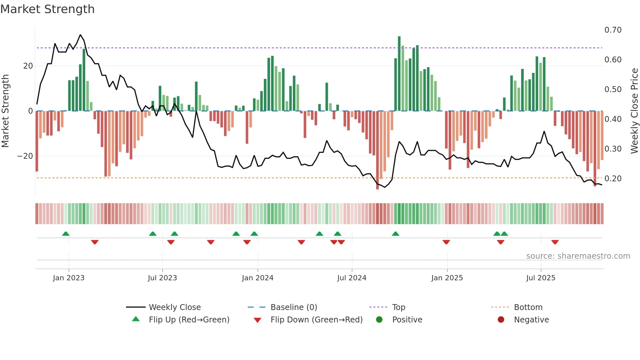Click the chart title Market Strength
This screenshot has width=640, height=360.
[x=47, y=9]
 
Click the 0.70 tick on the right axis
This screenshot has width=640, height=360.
[x=613, y=30]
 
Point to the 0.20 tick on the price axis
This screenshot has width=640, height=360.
[x=613, y=179]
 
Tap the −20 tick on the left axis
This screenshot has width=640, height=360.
[x=25, y=156]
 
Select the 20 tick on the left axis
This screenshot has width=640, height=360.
[x=28, y=66]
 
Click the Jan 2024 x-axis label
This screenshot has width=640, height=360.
[x=257, y=278]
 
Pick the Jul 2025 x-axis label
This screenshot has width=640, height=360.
[x=540, y=278]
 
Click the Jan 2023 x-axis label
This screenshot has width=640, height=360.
[x=69, y=278]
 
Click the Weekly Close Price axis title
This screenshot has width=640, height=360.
[x=634, y=111]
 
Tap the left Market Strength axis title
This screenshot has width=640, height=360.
[x=5, y=111]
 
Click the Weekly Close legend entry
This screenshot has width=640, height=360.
[x=174, y=307]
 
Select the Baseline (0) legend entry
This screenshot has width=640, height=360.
[x=294, y=307]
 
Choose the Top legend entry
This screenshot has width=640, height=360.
[x=398, y=307]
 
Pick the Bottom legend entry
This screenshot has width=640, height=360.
[x=528, y=307]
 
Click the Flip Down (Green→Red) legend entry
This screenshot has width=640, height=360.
[x=316, y=320]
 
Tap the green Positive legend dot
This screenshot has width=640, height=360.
[x=379, y=320]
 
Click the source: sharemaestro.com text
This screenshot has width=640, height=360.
[x=578, y=256]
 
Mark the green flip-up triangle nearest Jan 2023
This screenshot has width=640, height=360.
[x=66, y=234]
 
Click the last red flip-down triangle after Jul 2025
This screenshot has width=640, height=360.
[x=555, y=242]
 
